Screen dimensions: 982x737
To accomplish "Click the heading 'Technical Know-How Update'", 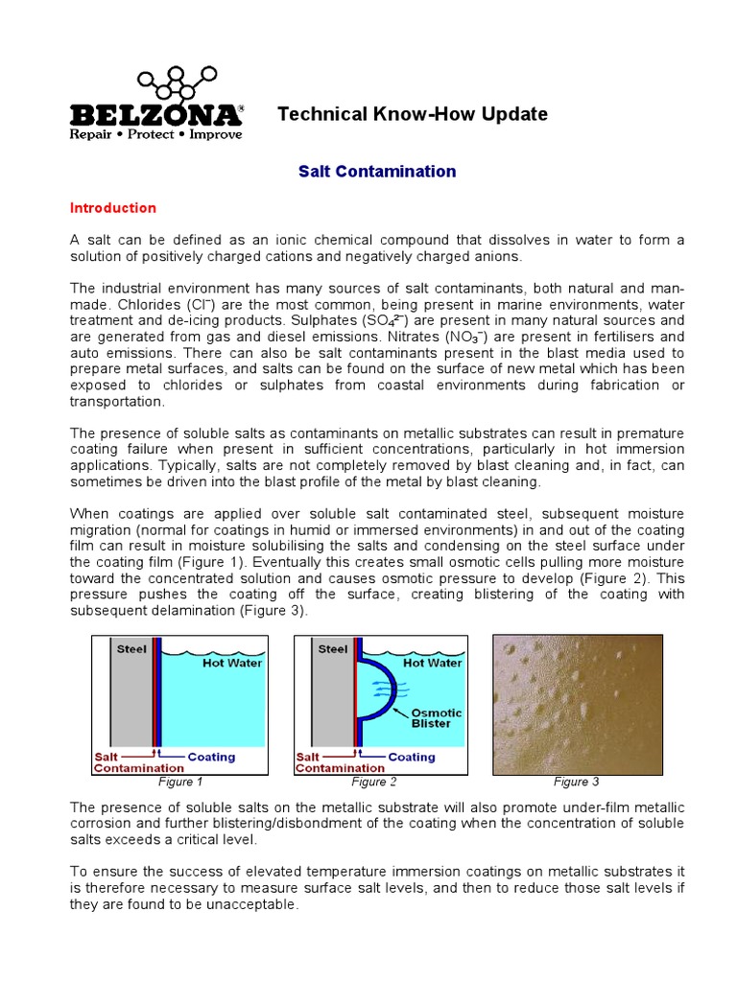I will (x=413, y=114).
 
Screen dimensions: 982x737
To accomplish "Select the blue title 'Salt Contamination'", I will (x=364, y=172).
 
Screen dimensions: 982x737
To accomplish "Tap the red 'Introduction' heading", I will (x=113, y=208).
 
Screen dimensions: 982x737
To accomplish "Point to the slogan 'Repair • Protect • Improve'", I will (x=155, y=134).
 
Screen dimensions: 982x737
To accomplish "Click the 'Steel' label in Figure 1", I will (x=131, y=649).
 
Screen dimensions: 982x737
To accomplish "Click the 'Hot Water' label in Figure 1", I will (x=231, y=662).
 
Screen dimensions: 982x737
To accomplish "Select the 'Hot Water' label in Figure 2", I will (x=433, y=662).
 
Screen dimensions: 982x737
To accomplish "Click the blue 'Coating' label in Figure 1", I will (x=211, y=757).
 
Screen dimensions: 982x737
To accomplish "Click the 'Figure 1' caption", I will (x=179, y=782).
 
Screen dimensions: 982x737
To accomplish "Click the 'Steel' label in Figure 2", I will (x=333, y=649).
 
